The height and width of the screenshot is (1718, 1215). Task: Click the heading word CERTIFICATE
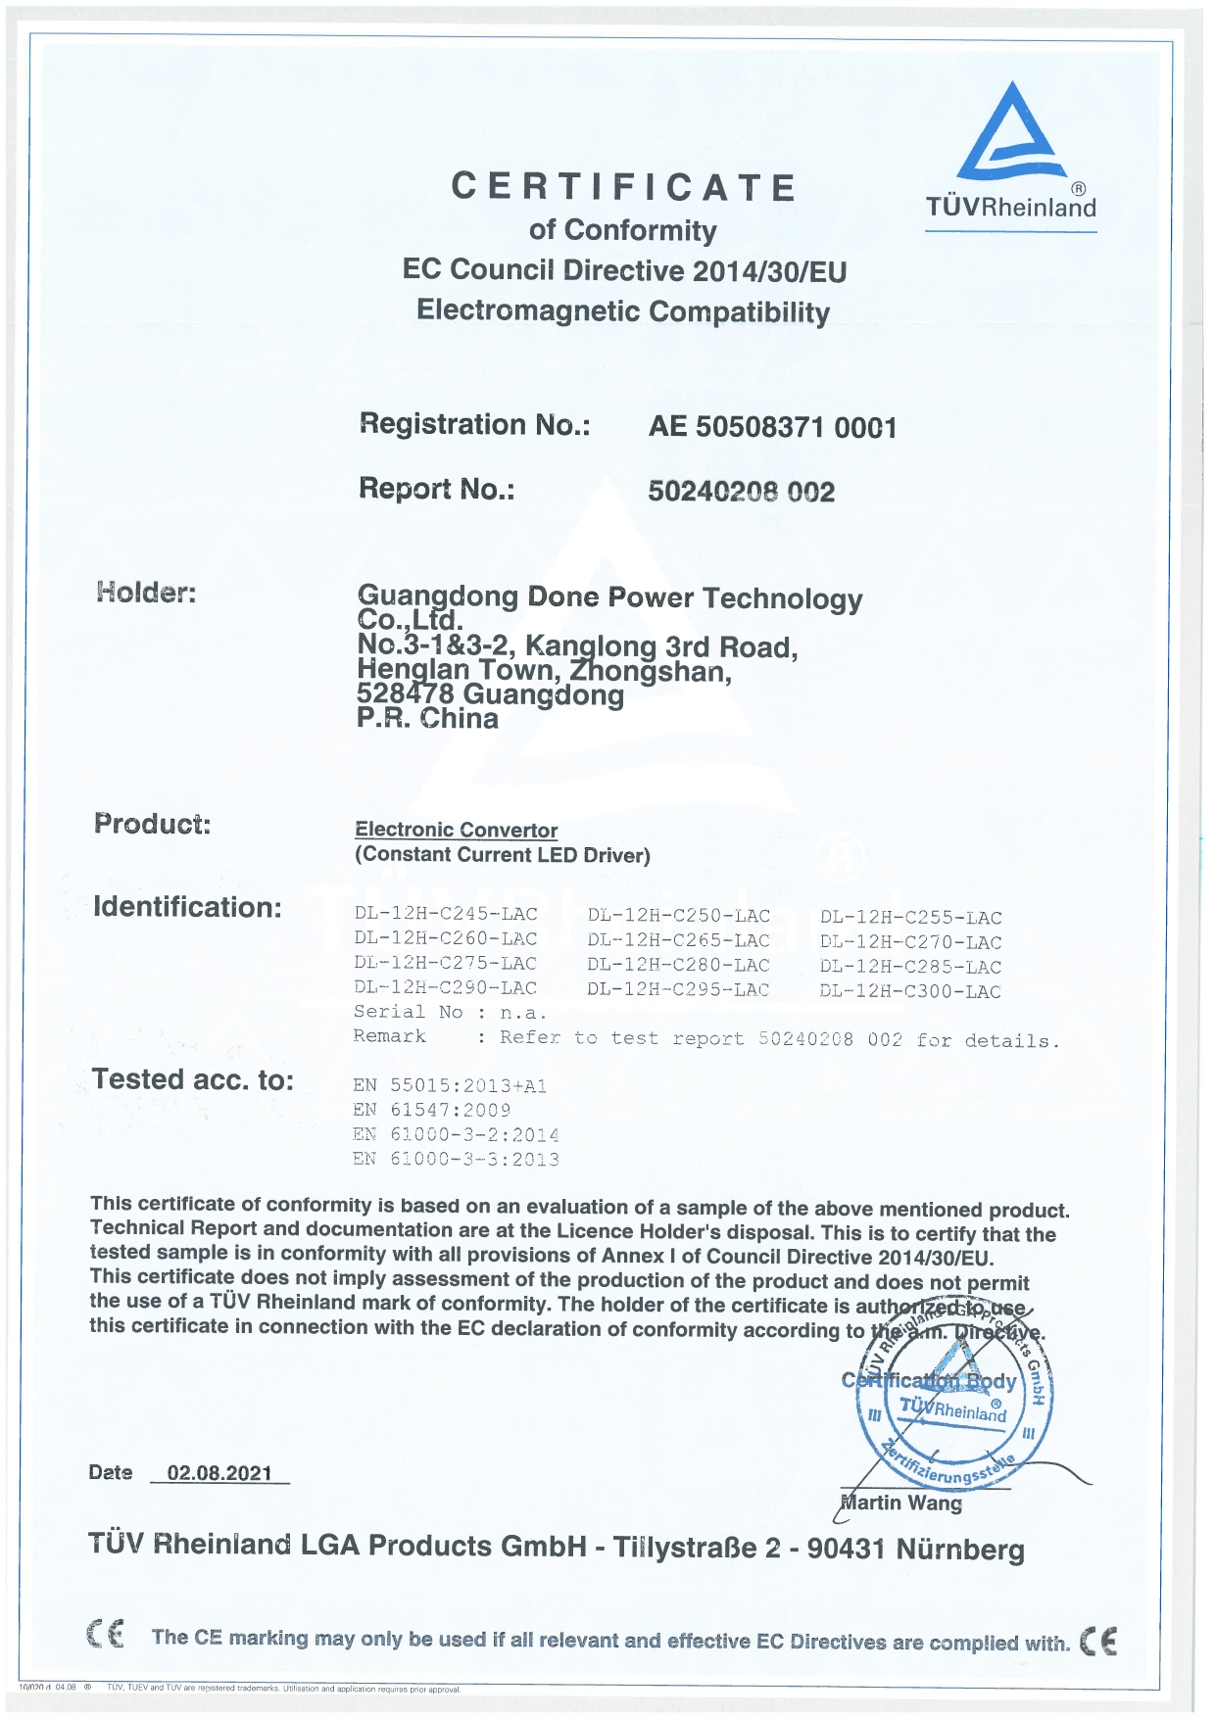point(624,187)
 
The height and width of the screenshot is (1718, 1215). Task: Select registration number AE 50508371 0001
point(772,427)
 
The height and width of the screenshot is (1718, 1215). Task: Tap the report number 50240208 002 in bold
point(741,491)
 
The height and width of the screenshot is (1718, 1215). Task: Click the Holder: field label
point(146,592)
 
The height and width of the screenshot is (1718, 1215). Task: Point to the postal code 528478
point(406,694)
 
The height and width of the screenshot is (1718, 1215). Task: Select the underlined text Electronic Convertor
point(456,830)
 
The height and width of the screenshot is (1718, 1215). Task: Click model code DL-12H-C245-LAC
point(446,914)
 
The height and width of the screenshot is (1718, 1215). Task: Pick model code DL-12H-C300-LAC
point(910,991)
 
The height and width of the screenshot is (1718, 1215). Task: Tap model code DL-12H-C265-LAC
point(679,940)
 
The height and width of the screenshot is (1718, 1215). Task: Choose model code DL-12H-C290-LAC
point(446,987)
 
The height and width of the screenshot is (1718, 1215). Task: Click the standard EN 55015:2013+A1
point(450,1085)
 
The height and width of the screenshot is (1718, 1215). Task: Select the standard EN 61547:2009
point(432,1110)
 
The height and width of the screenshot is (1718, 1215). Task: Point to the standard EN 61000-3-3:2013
point(457,1159)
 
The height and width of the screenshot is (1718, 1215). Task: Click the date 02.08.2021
point(219,1473)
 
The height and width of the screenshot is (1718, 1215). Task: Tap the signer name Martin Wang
point(901,1503)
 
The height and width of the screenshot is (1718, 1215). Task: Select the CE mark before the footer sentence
point(105,1635)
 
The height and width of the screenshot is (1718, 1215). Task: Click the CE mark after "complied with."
point(1098,1642)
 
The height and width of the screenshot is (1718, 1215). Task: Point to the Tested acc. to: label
point(193,1079)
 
